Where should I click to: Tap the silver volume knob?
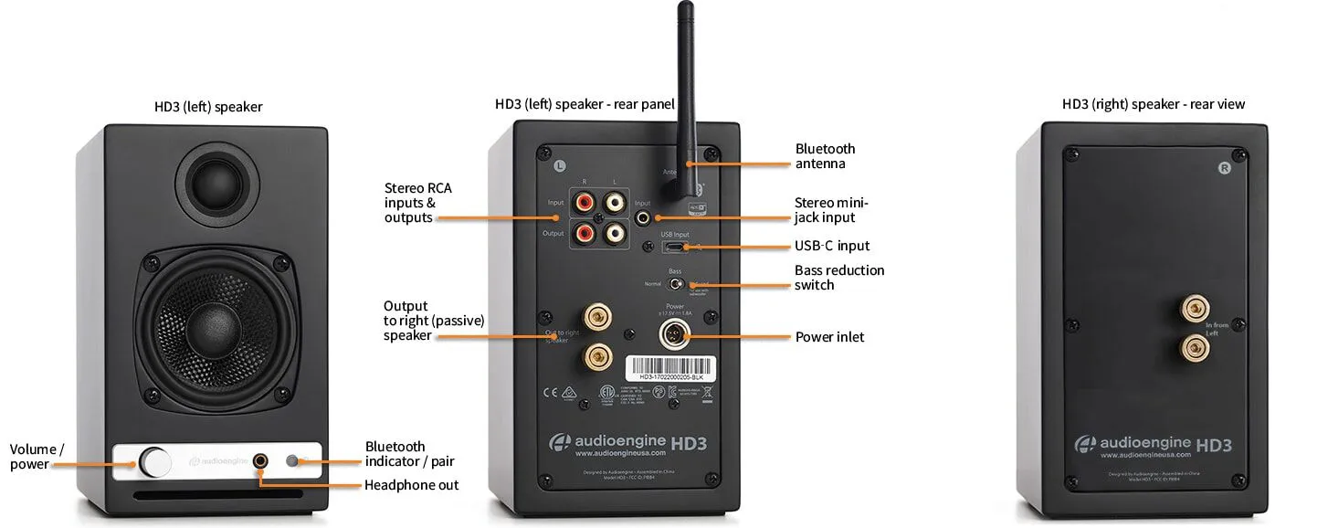click(155, 461)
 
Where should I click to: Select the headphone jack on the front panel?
click(262, 461)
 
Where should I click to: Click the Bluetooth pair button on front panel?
click(294, 461)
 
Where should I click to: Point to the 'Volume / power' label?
click(37, 457)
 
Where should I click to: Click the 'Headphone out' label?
click(411, 485)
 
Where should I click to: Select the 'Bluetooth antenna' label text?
click(825, 156)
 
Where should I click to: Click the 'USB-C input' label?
click(831, 246)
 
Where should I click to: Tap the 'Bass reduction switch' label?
click(838, 278)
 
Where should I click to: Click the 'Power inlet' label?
click(829, 337)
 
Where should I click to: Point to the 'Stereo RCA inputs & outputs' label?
click(417, 203)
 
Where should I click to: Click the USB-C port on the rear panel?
click(675, 248)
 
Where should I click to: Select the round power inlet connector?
click(675, 335)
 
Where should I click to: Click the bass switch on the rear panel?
click(676, 284)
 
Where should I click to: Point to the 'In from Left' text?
click(1217, 330)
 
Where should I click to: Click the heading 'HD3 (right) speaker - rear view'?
click(1153, 105)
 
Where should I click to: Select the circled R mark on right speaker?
click(1224, 168)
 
